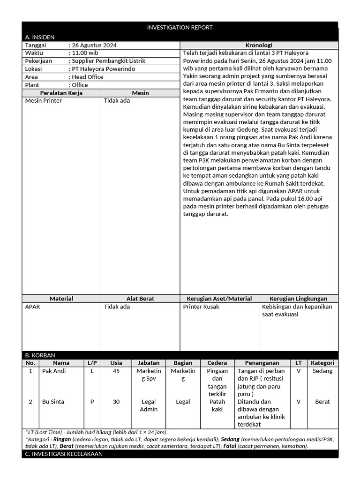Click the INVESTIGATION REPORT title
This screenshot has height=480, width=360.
[x=180, y=28]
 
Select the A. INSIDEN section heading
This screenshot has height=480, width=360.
[x=40, y=37]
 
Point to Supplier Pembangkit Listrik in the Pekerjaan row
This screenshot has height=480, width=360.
[x=108, y=61]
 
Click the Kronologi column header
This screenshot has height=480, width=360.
[x=259, y=45]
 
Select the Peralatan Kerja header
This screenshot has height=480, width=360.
[x=61, y=93]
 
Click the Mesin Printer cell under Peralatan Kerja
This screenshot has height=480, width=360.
[x=43, y=101]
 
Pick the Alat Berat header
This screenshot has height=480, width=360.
[x=140, y=299]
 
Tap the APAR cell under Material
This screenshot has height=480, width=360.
[x=32, y=307]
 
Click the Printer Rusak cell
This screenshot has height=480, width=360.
[x=201, y=307]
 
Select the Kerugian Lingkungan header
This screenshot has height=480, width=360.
[x=298, y=299]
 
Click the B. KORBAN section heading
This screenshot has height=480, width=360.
[x=40, y=355]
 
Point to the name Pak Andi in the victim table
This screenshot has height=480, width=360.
[x=54, y=371]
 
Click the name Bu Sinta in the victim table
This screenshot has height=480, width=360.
[x=53, y=402]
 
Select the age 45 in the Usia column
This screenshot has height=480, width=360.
[x=116, y=371]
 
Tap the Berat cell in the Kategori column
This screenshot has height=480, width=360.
[x=322, y=402]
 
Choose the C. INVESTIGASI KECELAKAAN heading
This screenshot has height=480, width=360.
[x=64, y=454]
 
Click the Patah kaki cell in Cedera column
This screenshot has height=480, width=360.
[x=217, y=405]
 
